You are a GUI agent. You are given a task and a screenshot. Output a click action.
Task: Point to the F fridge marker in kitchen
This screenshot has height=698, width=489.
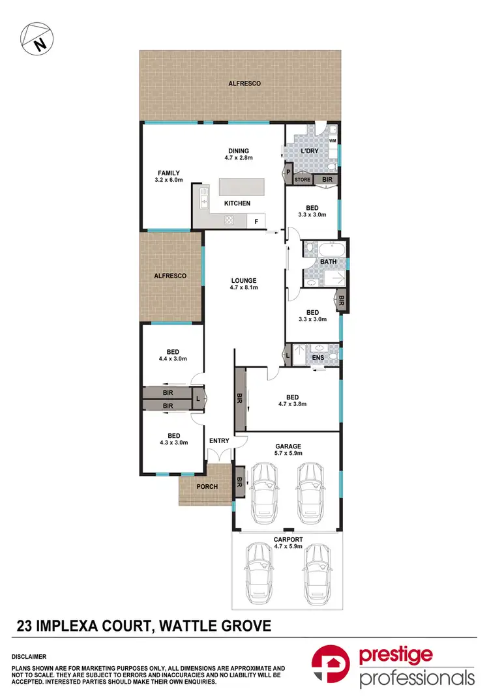point(256,222)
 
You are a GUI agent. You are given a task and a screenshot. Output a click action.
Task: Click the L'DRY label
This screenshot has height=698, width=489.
point(308,152)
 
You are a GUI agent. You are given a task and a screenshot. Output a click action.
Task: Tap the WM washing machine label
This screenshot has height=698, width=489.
point(332,140)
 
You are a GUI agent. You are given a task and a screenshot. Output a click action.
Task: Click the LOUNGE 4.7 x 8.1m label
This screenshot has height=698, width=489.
point(243,284)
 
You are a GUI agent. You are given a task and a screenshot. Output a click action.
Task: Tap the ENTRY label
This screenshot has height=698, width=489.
point(219,441)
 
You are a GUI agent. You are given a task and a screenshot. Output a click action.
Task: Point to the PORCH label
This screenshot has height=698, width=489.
point(206,486)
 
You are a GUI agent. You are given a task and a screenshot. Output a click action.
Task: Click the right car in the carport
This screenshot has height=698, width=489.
point(315,575)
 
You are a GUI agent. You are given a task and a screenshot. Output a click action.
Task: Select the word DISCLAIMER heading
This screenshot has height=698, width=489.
point(33,657)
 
